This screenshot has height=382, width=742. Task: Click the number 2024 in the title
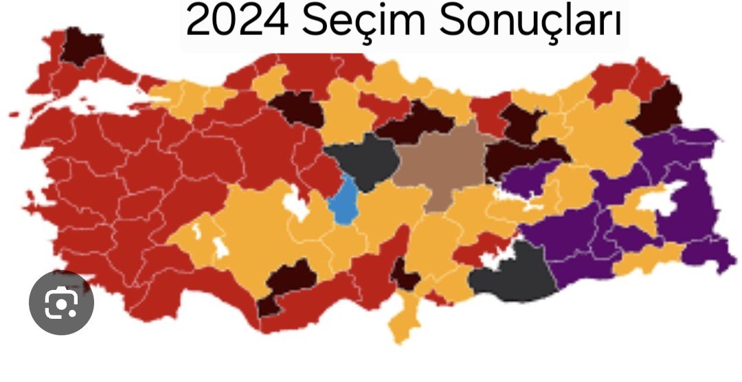235,22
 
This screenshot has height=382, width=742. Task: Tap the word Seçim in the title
363,22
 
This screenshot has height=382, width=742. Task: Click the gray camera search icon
61,303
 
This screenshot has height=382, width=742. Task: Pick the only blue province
342,200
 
